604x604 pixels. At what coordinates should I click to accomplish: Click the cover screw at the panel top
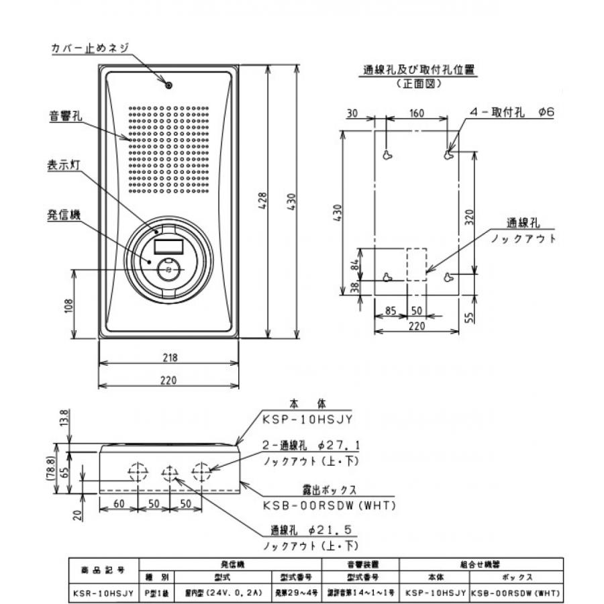(x=169, y=85)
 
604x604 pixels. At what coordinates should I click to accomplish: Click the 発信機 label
(x=64, y=215)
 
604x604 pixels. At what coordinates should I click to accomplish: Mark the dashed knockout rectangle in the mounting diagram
(x=416, y=264)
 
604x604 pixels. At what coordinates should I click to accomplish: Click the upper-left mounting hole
(x=387, y=155)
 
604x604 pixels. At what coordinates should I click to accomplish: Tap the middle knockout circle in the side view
(x=169, y=472)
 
